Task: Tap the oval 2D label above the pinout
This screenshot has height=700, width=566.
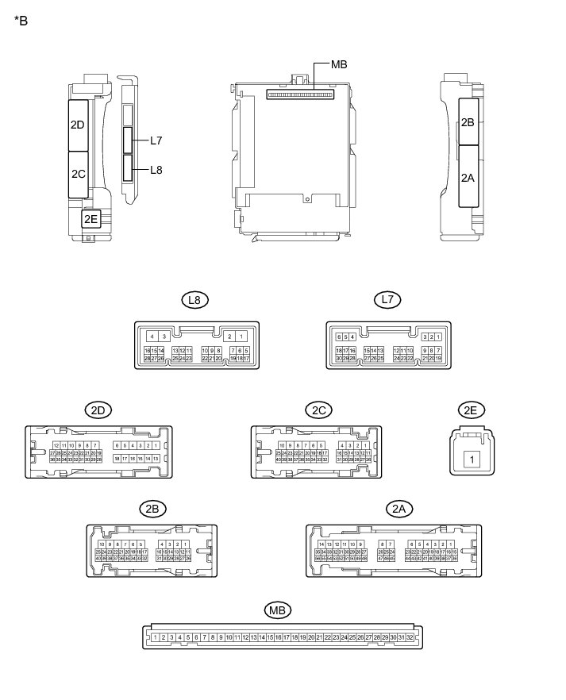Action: (x=98, y=410)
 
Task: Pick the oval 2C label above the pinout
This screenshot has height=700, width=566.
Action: (x=318, y=410)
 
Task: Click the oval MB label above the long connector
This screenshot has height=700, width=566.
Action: (x=277, y=610)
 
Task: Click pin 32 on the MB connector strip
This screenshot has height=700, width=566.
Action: (x=410, y=637)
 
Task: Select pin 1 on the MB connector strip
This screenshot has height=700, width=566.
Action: (x=154, y=637)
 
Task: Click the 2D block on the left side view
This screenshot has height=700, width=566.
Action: (x=78, y=125)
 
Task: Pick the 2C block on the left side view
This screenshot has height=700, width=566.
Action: (x=78, y=174)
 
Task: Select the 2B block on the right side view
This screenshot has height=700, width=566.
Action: (x=468, y=121)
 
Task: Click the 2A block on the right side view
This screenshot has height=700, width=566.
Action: (x=468, y=179)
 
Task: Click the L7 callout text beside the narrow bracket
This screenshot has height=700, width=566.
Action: (x=156, y=140)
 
